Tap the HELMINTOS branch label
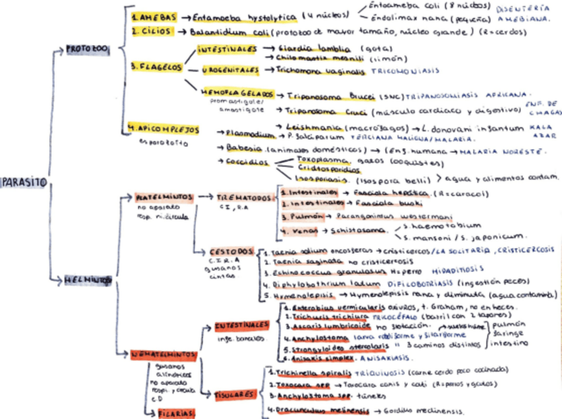coord(88,280)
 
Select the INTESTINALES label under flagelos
coord(228,50)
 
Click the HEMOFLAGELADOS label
coord(233,94)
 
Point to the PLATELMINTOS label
coord(164,198)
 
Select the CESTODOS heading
coord(231,253)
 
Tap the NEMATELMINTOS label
coord(162,355)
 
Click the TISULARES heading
coord(234,394)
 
